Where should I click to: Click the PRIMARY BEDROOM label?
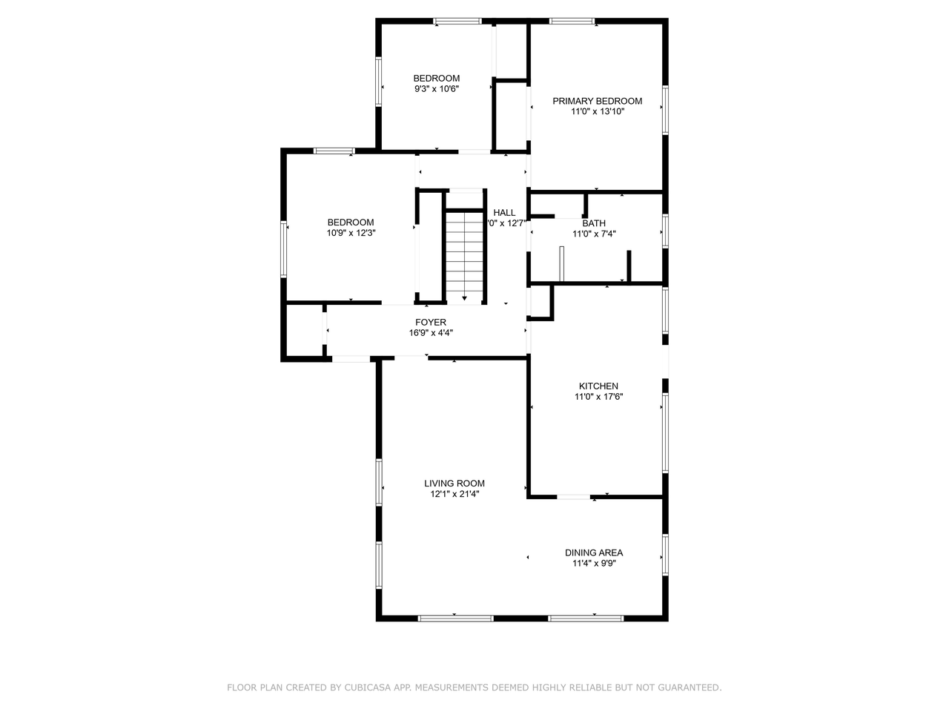coord(597,101)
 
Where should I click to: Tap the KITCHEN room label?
coord(598,386)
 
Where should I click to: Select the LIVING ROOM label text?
coord(454,483)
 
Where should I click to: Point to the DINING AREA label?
coord(593,553)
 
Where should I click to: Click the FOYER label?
coord(431,322)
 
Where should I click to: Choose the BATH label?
coord(593,223)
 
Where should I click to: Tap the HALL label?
coord(504,213)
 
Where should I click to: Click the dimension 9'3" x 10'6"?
coord(437,89)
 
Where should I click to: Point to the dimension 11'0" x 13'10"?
coord(597,112)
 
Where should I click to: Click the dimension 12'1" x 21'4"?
coord(454,494)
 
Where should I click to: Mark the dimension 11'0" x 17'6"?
coord(598,397)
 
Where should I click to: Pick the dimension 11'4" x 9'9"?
coord(593,564)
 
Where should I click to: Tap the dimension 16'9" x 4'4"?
coord(431,333)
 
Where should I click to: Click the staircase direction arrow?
coord(465,297)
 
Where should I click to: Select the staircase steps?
coord(465,252)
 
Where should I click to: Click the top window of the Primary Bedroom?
coord(572,21)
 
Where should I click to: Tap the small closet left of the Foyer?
coord(304,331)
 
